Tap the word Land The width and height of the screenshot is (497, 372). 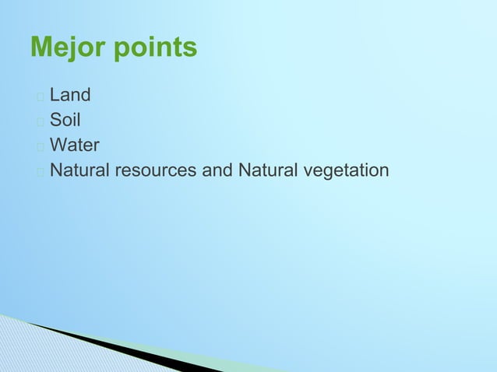[x=70, y=96]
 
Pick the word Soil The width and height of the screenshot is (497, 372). [x=65, y=121]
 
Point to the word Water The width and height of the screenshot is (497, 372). [x=75, y=146]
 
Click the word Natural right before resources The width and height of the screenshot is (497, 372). [x=80, y=170]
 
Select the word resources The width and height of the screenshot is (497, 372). [x=156, y=170]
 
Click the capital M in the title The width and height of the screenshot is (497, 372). [x=41, y=48]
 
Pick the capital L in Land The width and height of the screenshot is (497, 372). [x=55, y=96]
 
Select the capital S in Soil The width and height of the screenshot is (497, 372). [x=55, y=121]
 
